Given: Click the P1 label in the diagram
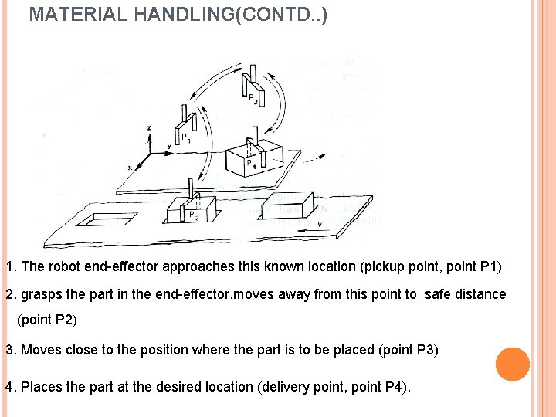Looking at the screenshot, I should point(185,138).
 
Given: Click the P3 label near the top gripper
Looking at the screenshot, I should point(253,99).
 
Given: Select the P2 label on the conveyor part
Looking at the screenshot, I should point(193,215).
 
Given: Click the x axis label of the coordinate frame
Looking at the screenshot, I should point(129,166).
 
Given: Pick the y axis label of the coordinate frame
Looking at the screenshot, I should point(169,144).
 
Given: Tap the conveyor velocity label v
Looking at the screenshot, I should point(320,225).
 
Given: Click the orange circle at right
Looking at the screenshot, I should point(512,364).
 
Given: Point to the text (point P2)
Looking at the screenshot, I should point(47,319).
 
